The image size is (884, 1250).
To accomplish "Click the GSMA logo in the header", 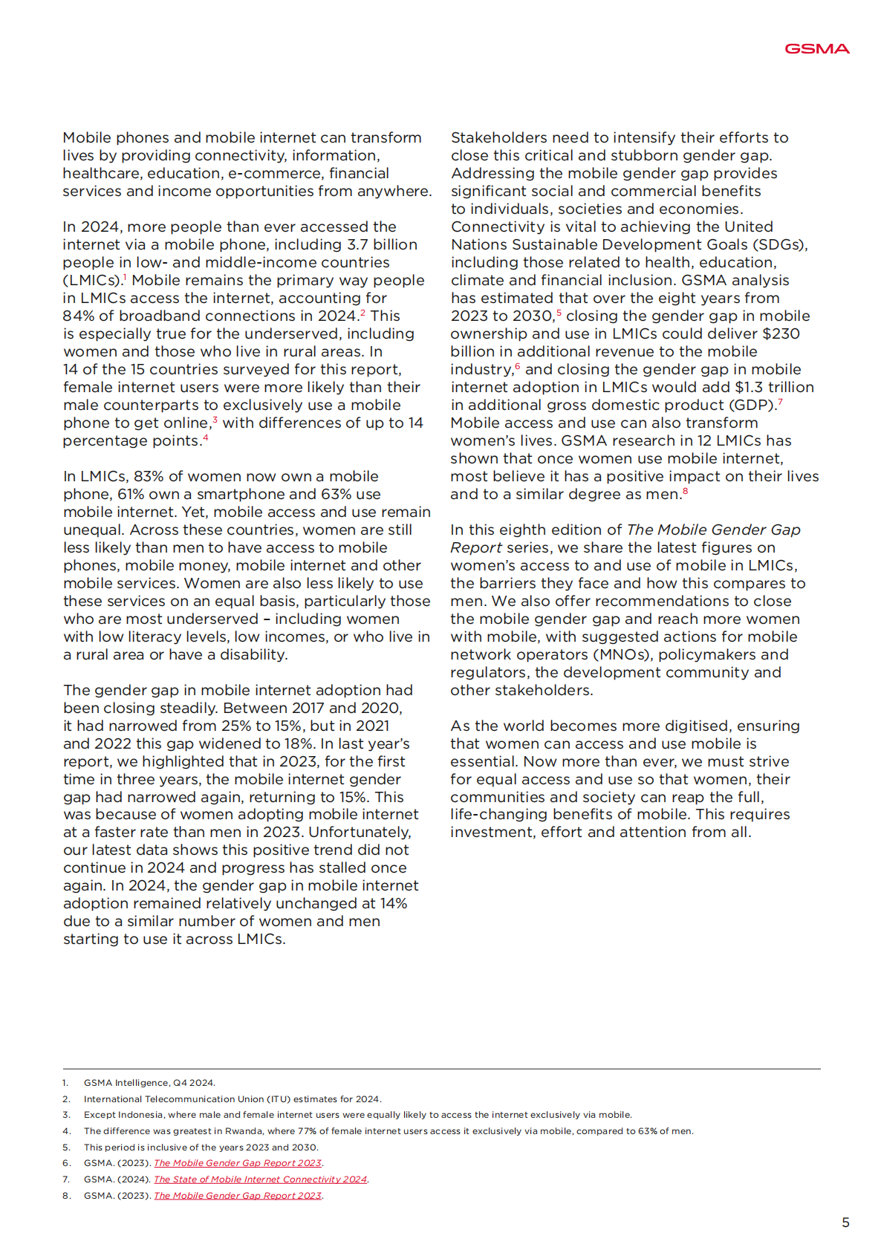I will pyautogui.click(x=816, y=49).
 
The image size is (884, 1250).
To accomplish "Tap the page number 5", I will pyautogui.click(x=845, y=1223).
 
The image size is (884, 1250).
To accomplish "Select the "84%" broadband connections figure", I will pyautogui.click(x=79, y=316).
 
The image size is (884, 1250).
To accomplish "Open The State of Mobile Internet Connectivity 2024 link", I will pyautogui.click(x=260, y=1179).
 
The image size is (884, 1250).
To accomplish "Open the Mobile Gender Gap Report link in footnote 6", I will pyautogui.click(x=238, y=1163).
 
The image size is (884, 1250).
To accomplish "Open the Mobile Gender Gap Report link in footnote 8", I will pyautogui.click(x=238, y=1196).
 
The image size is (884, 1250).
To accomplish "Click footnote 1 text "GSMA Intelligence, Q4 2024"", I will pyautogui.click(x=149, y=1083).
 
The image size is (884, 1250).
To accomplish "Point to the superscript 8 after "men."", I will pyautogui.click(x=685, y=491).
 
